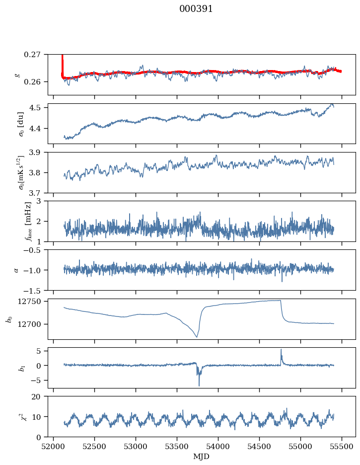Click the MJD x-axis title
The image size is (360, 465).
pyautogui.click(x=202, y=456)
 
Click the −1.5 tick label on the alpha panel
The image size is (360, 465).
pyautogui.click(x=34, y=290)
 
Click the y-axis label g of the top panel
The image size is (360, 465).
pyautogui.click(x=18, y=75)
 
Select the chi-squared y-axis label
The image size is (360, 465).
pyautogui.click(x=15, y=417)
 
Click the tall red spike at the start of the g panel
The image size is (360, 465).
pyautogui.click(x=62, y=62)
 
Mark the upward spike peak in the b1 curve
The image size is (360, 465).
pyautogui.click(x=281, y=349)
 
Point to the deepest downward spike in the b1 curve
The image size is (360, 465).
pyautogui.click(x=199, y=386)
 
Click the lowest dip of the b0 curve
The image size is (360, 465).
pyautogui.click(x=197, y=337)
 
